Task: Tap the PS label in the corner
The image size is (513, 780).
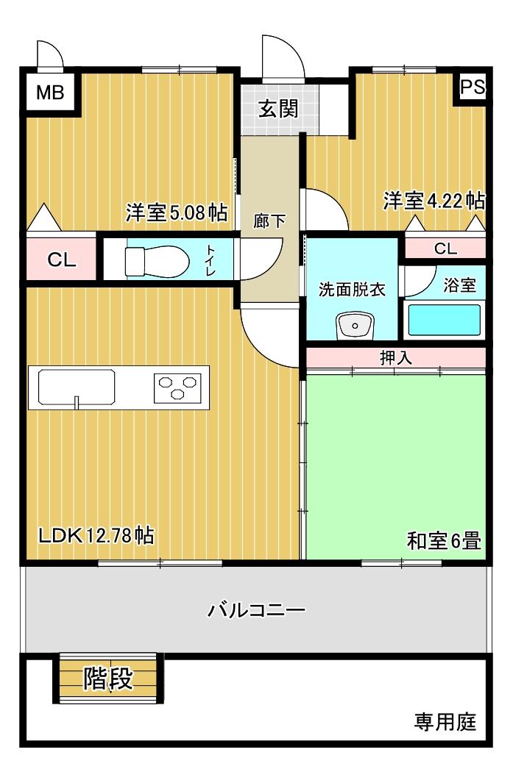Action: pyautogui.click(x=473, y=87)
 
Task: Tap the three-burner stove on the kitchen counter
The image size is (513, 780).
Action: pyautogui.click(x=177, y=387)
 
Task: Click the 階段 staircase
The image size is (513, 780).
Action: pyautogui.click(x=108, y=679)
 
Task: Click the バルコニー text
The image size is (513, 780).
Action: pyautogui.click(x=256, y=609)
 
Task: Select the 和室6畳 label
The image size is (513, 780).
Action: pyautogui.click(x=444, y=542)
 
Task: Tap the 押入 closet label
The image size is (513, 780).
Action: pyautogui.click(x=396, y=358)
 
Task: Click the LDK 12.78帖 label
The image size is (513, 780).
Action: pyautogui.click(x=96, y=535)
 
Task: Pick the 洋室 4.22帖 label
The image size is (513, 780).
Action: pyautogui.click(x=434, y=201)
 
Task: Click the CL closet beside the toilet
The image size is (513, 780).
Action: pyautogui.click(x=61, y=260)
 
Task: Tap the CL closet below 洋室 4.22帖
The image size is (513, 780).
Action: pyautogui.click(x=445, y=248)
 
